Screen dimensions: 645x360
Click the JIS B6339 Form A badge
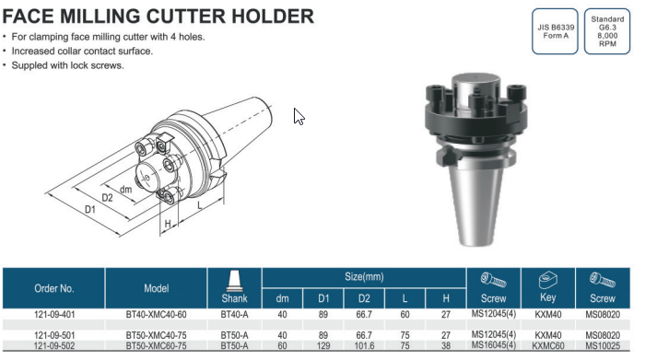tap(555, 31)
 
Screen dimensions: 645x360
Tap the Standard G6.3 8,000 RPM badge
tap(607, 31)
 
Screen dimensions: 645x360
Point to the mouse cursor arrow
tap(299, 117)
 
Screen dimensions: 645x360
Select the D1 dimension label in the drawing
tap(90, 209)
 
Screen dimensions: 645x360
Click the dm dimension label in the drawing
tap(126, 190)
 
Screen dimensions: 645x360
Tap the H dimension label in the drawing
tap(168, 224)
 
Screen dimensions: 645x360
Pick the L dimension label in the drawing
tap(200, 204)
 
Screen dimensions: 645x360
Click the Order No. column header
tap(53, 288)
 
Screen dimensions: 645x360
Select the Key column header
tap(548, 297)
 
